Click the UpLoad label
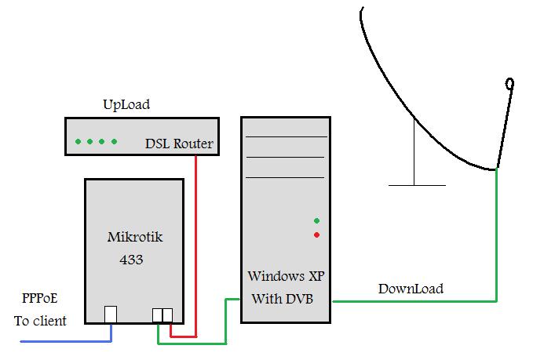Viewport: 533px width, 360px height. [126, 104]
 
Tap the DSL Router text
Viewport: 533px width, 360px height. [179, 144]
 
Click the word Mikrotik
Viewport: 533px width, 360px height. [134, 236]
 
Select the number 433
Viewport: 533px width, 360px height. [131, 260]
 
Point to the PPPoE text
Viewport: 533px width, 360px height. [39, 299]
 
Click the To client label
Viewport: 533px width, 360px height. [40, 321]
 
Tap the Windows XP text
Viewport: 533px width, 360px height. [286, 276]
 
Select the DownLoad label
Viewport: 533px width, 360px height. [411, 289]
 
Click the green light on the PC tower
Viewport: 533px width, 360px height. [316, 220]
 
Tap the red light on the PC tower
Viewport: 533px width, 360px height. [316, 235]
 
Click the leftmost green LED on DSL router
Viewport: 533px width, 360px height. [78, 142]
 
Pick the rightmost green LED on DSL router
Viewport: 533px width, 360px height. [115, 142]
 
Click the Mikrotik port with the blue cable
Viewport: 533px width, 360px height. [111, 315]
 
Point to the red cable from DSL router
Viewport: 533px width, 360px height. [195, 235]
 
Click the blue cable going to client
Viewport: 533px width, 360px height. [63, 342]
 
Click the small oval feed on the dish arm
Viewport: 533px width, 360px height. [510, 82]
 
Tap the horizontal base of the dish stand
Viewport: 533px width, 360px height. [417, 185]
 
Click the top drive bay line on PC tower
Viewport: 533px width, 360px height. [286, 137]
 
